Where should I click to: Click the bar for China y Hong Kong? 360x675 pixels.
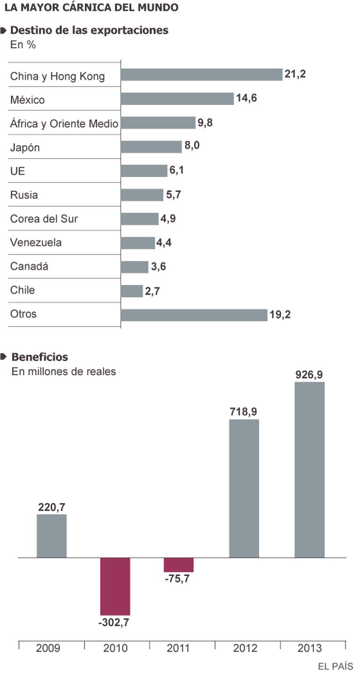202,75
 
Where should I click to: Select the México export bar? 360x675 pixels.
177,99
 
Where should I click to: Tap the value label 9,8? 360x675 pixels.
205,123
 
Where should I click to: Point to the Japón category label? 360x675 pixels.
25,148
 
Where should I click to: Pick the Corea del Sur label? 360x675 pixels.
44,219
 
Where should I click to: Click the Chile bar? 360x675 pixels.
132,291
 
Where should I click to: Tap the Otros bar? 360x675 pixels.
194,315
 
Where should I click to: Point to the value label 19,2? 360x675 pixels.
280,315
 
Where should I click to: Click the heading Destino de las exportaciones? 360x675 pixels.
89,30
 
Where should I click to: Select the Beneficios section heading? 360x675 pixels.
40,357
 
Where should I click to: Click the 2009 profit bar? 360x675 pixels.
52,536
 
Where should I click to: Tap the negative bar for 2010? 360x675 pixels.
115,586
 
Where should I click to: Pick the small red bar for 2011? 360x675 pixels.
179,565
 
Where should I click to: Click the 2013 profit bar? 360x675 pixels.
309,469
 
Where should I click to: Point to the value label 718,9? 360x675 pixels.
244,412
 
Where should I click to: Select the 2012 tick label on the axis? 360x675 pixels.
244,648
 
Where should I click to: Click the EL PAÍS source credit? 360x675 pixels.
336,666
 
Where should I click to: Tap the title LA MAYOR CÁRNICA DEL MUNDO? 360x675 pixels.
91,8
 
